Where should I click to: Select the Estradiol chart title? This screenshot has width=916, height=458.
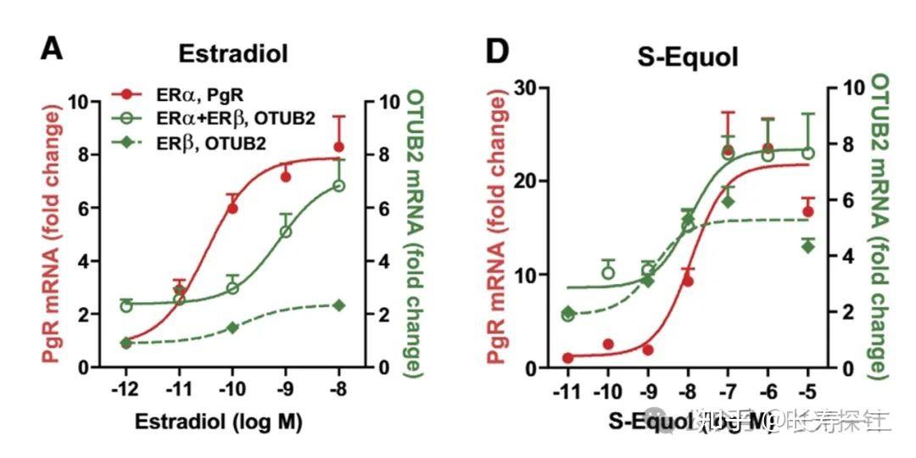coord(232,53)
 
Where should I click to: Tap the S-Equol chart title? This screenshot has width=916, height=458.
coord(687,56)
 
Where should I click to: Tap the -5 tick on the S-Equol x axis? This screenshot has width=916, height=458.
coord(808,392)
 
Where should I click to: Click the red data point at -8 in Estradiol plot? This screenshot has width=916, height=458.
coord(338,147)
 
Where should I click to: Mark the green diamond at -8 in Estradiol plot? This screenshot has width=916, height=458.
coord(338,305)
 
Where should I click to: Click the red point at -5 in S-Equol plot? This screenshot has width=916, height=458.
coord(808,211)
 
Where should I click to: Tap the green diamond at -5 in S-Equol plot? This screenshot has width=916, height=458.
coord(808,246)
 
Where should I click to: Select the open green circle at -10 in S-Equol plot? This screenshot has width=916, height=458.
coord(608,272)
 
